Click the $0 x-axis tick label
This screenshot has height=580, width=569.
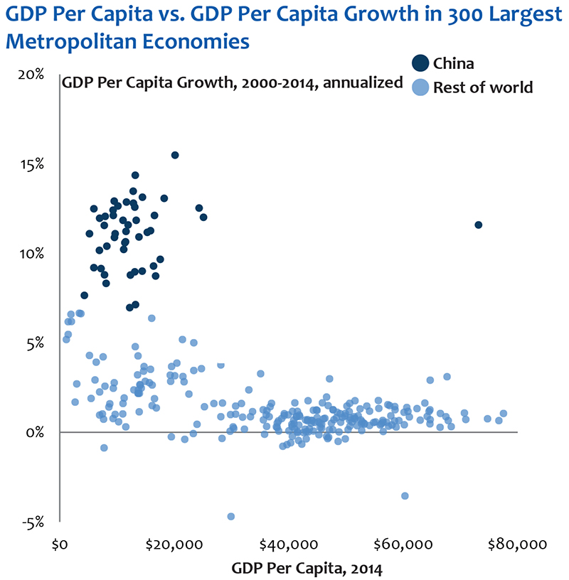click(60, 545)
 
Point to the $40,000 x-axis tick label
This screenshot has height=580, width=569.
click(286, 545)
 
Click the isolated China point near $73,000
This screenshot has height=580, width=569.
click(479, 225)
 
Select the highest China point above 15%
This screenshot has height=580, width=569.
click(175, 155)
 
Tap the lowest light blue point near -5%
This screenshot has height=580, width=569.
click(230, 516)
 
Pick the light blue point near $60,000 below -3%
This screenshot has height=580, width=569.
click(405, 495)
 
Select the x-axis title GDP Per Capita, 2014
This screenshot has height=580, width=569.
click(307, 568)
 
